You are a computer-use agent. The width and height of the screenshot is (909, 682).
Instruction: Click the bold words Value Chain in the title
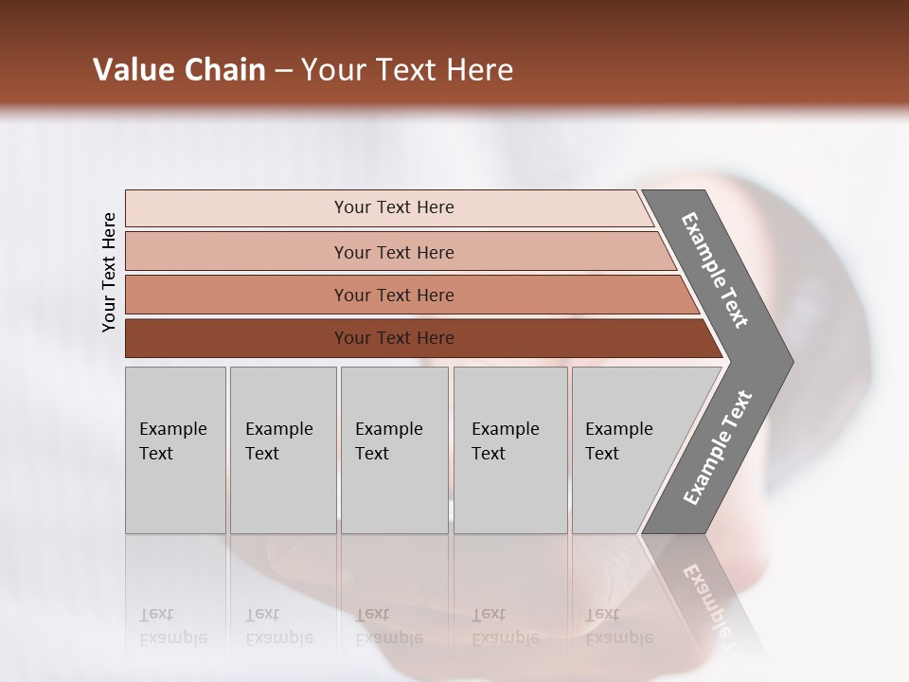[179, 70]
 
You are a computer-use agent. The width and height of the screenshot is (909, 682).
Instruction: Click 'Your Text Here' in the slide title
[407, 70]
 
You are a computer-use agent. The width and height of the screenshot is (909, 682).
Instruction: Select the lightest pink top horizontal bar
[237, 208]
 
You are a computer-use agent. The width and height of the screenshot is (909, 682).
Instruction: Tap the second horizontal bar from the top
[237, 252]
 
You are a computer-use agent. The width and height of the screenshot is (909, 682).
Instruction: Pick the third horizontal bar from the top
[237, 295]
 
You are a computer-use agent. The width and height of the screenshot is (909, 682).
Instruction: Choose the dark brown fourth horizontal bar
[237, 338]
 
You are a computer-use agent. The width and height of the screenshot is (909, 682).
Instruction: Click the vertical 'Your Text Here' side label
[109, 272]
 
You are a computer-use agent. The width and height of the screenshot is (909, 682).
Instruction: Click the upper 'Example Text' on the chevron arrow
[715, 270]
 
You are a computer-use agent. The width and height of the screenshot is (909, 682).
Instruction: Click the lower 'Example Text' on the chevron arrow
[718, 448]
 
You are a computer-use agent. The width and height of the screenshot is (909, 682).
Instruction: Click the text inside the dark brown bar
[394, 338]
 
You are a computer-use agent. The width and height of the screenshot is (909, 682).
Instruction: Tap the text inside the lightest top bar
[394, 207]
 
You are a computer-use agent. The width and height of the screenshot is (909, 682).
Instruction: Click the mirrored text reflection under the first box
[172, 626]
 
